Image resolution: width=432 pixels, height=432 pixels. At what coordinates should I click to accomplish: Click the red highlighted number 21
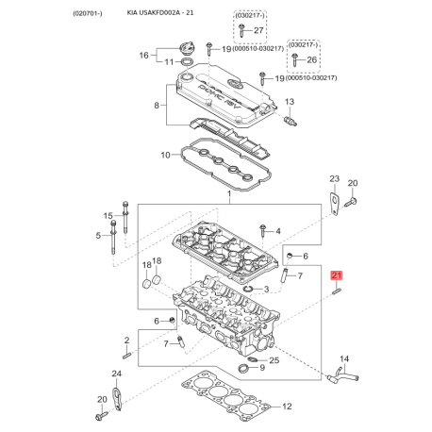coord(336,275)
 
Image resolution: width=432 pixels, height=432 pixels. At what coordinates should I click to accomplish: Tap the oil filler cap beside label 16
coord(185,49)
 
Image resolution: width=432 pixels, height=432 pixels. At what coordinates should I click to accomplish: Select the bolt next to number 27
coord(241,30)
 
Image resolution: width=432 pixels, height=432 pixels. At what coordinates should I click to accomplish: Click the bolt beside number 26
coord(294,59)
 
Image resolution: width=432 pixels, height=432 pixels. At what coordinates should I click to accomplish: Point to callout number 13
coord(290,102)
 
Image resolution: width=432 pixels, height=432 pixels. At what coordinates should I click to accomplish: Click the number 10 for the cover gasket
coord(165,155)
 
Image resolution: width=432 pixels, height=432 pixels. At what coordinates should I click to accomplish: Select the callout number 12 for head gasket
coord(287,407)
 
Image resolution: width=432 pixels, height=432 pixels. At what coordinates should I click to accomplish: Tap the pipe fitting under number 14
coord(342,375)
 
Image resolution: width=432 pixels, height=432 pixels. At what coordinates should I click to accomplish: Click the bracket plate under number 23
coord(335,204)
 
